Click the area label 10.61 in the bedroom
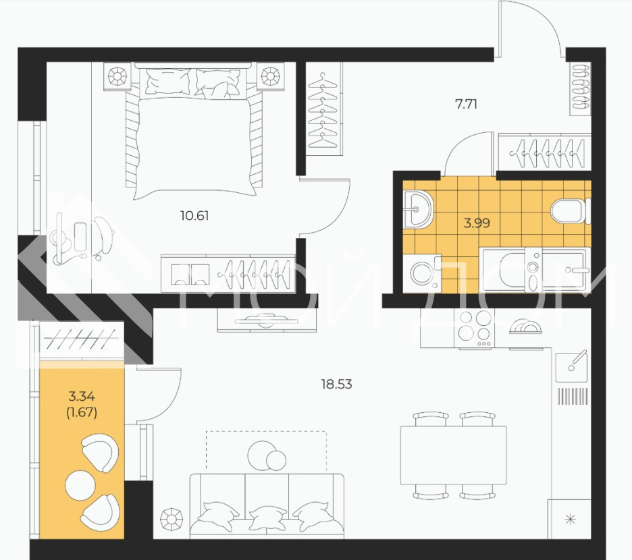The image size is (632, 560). (194, 216)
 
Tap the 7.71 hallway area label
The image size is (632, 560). (466, 105)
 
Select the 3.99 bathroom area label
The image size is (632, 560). (477, 223)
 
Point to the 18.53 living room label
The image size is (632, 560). (336, 385)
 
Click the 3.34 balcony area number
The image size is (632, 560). (82, 397)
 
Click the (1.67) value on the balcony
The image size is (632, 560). (82, 412)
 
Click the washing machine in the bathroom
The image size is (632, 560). (423, 273)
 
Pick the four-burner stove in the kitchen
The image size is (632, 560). (474, 329)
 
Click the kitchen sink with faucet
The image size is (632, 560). (571, 366)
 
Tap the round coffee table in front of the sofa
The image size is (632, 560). (267, 455)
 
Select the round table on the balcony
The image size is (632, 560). (80, 485)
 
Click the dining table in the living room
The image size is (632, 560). (454, 455)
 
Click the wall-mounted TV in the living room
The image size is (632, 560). (266, 320)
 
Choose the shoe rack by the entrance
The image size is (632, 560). (581, 88)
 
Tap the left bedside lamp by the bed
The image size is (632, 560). (117, 76)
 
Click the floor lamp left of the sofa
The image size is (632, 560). (172, 520)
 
